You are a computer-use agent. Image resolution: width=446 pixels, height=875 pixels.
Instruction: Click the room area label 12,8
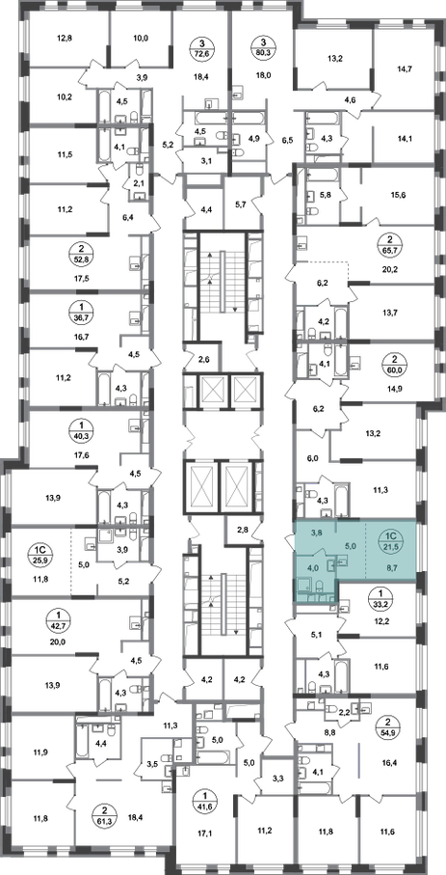coord(66,39)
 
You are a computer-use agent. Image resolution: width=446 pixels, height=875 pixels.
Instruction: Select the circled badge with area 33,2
coord(381,598)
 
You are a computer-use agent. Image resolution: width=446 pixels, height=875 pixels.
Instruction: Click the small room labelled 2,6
coord(203,358)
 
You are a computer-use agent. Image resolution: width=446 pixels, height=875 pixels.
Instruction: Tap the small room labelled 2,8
coord(243,529)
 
